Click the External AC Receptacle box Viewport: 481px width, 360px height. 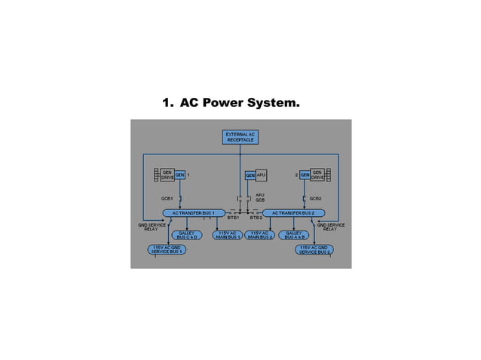pos(240,138)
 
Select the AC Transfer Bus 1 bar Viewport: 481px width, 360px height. pos(194,213)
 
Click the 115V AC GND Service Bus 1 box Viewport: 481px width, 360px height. pos(167,249)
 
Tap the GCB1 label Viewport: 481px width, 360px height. pos(167,198)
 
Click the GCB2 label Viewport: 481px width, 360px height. pos(315,198)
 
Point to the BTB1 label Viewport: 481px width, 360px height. pos(233,218)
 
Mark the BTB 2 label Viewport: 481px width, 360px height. pos(256,218)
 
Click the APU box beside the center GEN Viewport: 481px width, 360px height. pos(262,175)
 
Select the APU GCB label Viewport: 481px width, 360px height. pos(260,197)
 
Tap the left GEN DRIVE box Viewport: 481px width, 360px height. pos(167,175)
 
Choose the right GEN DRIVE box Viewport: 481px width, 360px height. pos(317,175)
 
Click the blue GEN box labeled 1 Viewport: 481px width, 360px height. pos(180,175)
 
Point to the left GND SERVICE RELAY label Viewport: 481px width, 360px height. pos(150,226)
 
